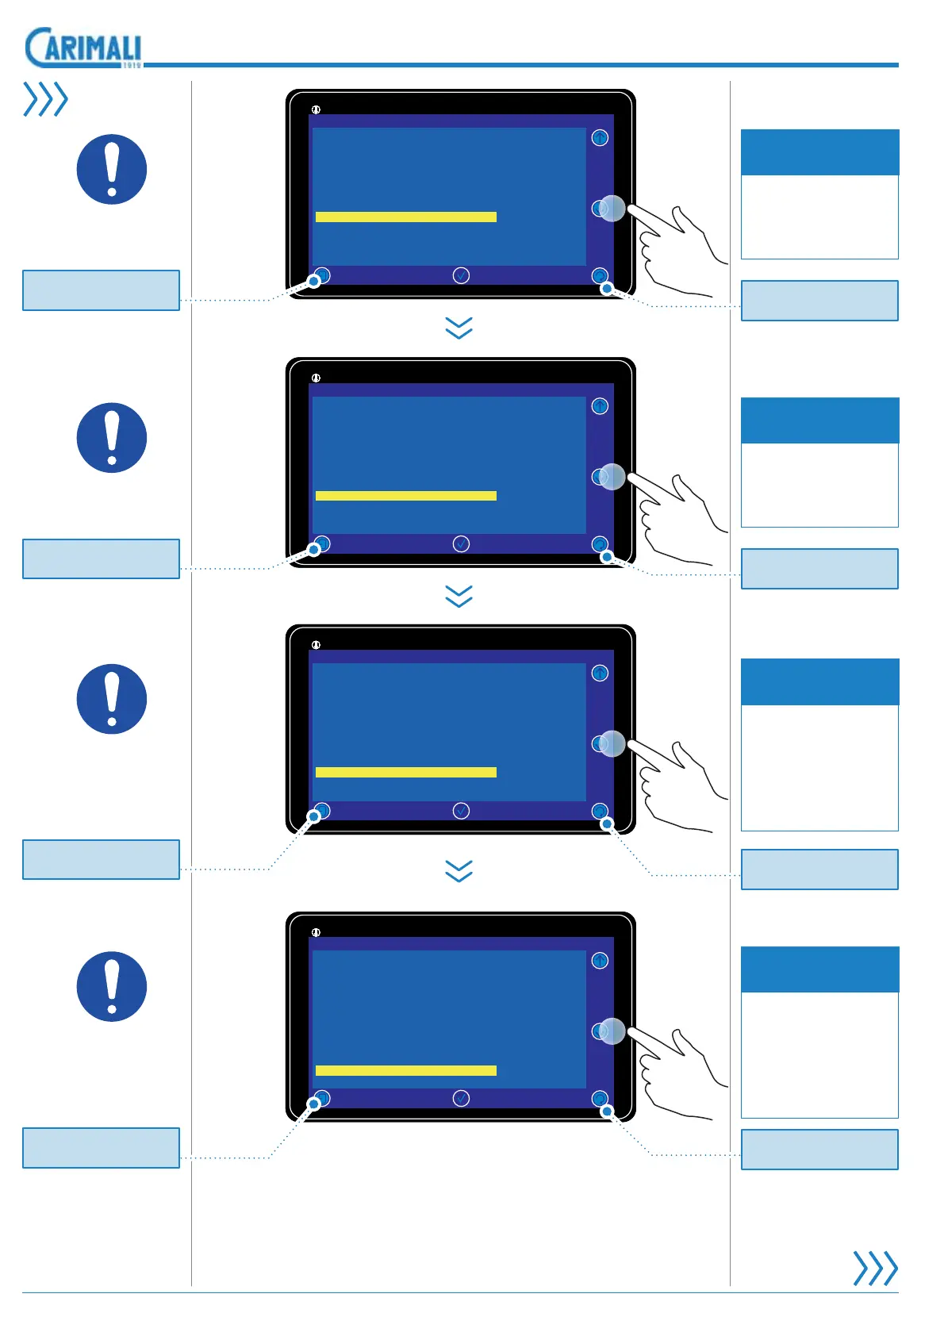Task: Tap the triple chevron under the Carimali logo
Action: [45, 99]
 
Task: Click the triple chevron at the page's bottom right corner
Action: [875, 1268]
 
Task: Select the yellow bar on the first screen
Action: [405, 217]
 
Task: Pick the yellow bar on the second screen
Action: [405, 496]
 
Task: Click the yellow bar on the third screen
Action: [405, 772]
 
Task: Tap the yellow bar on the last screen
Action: [405, 1070]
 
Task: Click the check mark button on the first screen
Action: [461, 275]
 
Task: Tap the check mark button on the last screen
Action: [461, 1098]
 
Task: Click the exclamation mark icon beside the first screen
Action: [112, 169]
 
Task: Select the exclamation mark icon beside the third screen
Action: [112, 699]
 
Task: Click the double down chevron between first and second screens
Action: [459, 328]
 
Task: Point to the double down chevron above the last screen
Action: [459, 871]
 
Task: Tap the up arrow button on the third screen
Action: [600, 673]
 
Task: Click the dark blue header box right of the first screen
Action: [819, 152]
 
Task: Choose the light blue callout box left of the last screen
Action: [101, 1147]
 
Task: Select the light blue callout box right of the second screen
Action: [819, 568]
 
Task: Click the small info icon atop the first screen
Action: [316, 109]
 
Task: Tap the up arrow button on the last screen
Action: [600, 961]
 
